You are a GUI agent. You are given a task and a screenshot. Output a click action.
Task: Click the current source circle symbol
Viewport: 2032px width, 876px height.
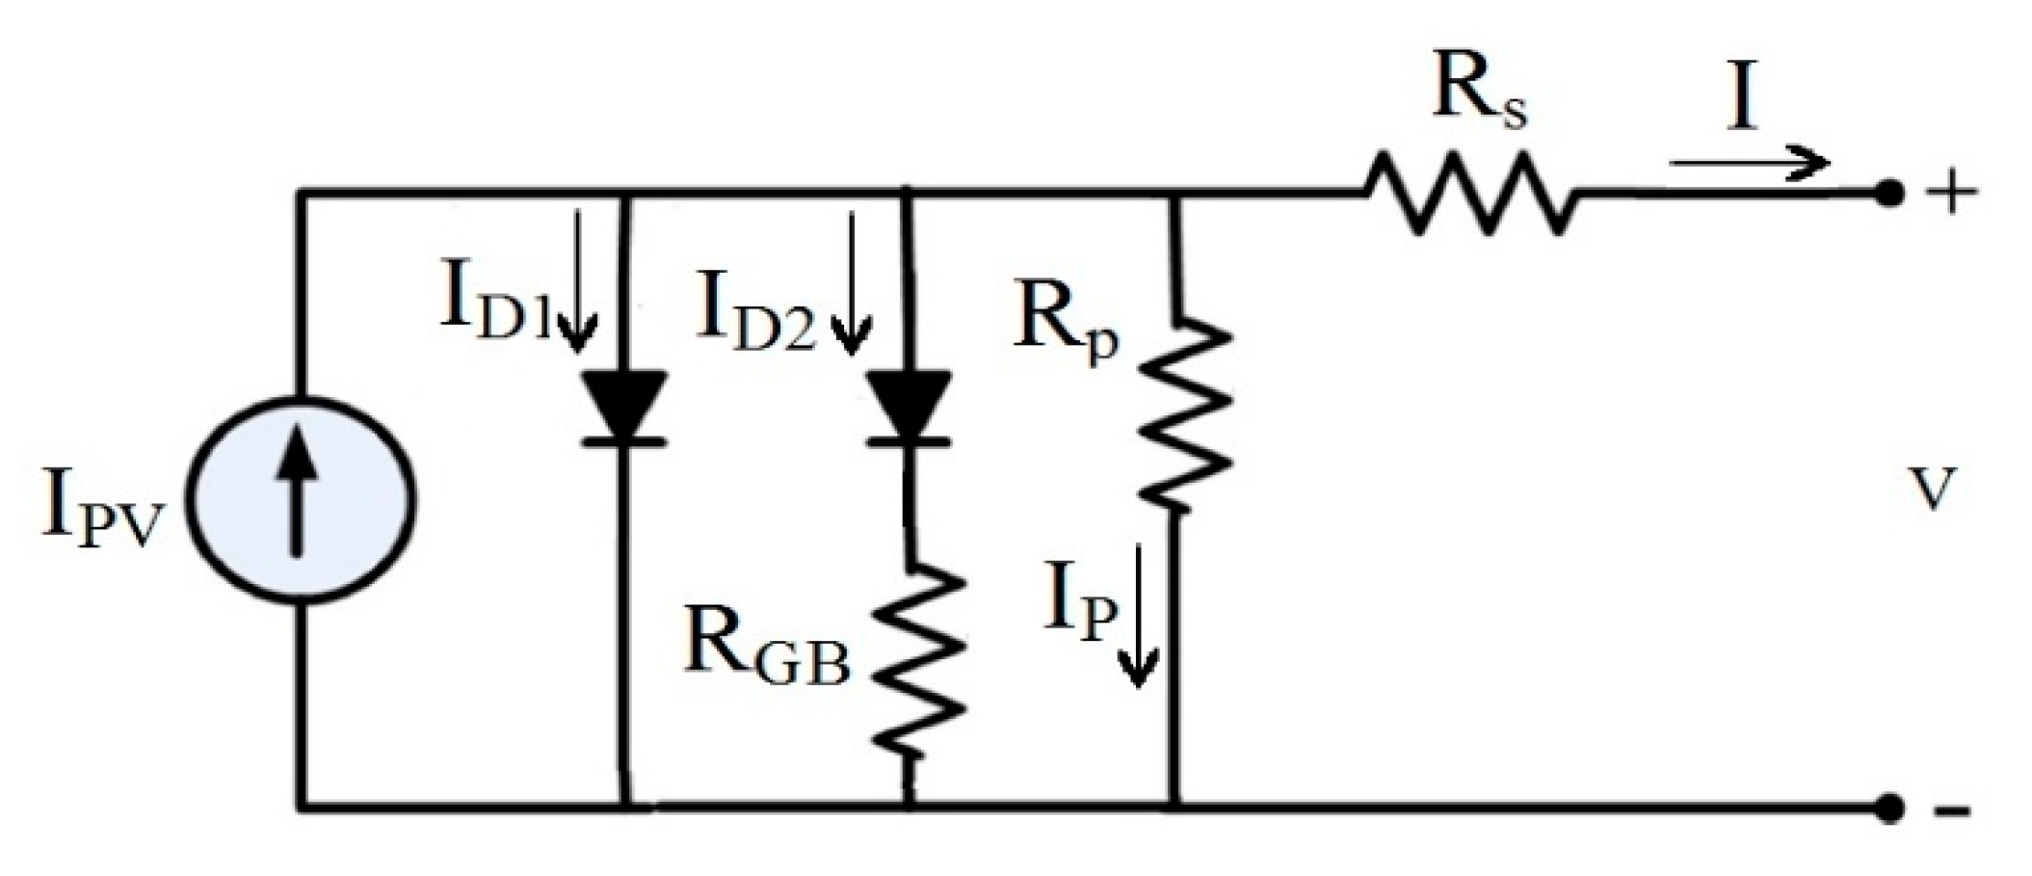tap(301, 501)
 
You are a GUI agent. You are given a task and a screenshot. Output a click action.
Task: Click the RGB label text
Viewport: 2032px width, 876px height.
tap(767, 650)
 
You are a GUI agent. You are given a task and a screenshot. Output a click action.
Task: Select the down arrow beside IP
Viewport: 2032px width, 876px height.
tap(1138, 617)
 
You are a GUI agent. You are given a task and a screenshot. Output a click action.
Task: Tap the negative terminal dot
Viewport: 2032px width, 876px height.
tap(1889, 808)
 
